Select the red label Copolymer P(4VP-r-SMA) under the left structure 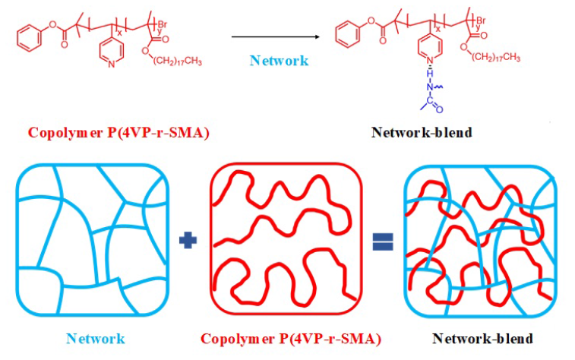(118, 132)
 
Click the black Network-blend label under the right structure (422, 132)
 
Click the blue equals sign (382, 242)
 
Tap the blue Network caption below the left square (95, 338)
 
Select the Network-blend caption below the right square (483, 338)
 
